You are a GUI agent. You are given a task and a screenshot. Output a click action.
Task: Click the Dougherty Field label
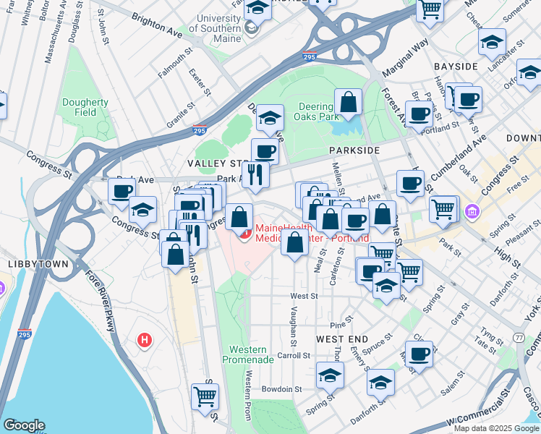pos(85,108)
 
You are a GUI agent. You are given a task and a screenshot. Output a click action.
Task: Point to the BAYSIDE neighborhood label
pos(456,67)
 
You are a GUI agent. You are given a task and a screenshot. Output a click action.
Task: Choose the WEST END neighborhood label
pos(342,339)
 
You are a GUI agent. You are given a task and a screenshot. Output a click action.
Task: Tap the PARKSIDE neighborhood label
pos(354,150)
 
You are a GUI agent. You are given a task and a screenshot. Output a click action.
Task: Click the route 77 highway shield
pos(519,338)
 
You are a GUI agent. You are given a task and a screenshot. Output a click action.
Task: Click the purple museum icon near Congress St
pos(472,212)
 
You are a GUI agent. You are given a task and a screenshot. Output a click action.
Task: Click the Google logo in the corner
pos(24,425)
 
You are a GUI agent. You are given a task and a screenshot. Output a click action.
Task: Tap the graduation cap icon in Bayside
pos(492,43)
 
